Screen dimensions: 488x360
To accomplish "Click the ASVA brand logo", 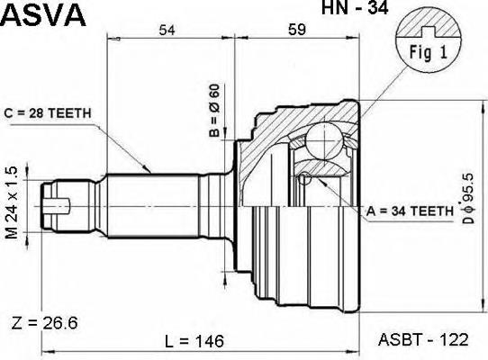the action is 43,14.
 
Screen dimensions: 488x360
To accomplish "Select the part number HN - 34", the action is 355,7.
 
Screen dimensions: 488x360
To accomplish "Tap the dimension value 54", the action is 167,30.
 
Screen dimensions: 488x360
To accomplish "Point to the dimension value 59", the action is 297,30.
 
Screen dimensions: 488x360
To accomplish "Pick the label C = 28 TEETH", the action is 48,113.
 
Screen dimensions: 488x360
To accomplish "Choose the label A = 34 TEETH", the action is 411,211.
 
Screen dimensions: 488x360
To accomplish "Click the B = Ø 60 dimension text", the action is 214,111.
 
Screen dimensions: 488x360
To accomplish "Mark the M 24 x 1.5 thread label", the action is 12,202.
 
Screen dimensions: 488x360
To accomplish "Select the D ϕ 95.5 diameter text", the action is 467,198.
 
